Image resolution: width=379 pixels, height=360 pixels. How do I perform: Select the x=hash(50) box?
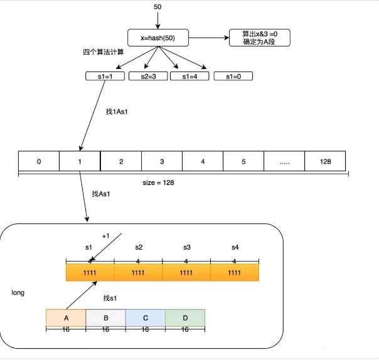[157, 38]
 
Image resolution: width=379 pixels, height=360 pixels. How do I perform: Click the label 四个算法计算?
[104, 52]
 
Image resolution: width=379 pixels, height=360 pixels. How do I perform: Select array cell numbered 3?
[162, 161]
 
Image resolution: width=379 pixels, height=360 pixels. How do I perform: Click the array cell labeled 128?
[325, 161]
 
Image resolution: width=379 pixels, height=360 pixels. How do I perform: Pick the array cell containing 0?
[39, 161]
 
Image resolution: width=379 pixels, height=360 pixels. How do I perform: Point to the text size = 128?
[159, 183]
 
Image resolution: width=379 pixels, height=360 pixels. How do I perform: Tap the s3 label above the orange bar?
[186, 248]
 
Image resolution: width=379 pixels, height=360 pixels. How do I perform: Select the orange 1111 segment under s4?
[235, 273]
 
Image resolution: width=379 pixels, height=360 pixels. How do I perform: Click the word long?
[18, 293]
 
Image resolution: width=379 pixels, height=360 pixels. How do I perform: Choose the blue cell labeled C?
[145, 317]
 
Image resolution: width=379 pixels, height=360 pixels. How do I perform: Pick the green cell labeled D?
[185, 317]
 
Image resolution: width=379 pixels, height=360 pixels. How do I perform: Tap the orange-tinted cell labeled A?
[66, 317]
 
